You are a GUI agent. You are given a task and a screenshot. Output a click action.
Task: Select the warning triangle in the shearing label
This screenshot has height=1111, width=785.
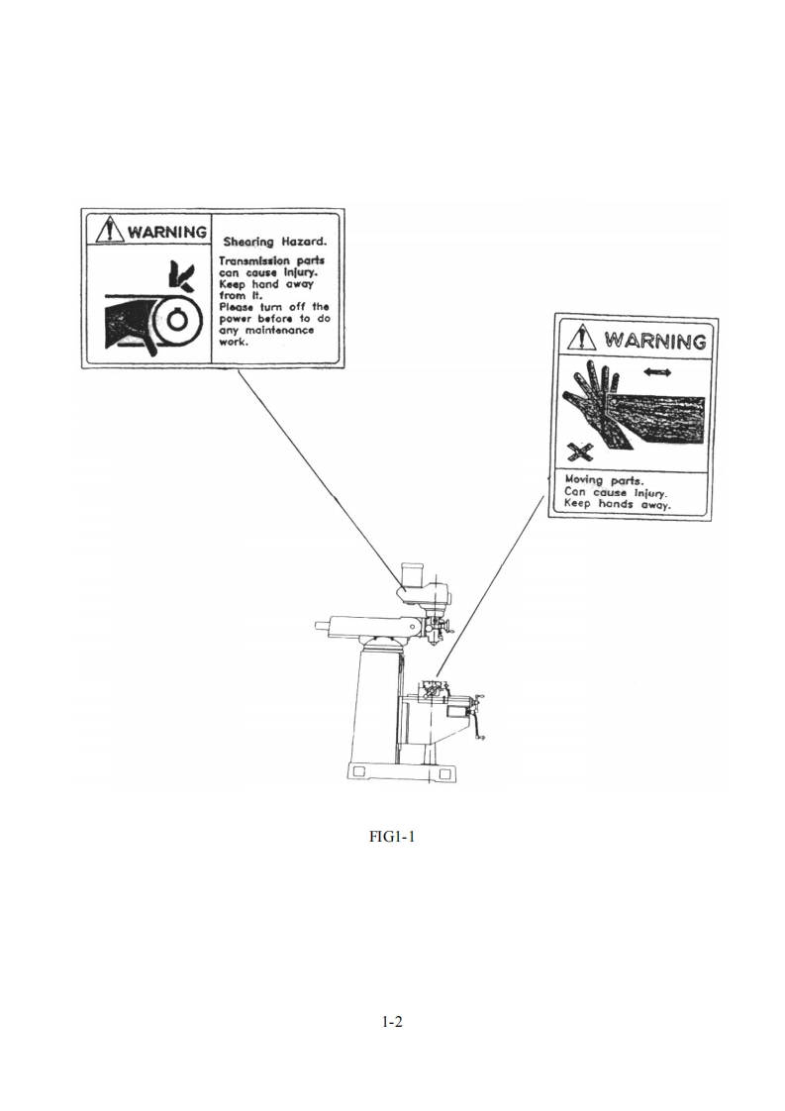coord(105,231)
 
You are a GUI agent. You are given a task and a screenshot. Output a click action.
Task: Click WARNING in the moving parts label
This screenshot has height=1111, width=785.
coord(654,342)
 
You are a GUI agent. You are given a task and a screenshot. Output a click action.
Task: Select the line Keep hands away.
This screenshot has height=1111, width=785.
coord(617,504)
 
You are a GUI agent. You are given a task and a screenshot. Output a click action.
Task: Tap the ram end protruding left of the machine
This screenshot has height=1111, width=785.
coord(321,624)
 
